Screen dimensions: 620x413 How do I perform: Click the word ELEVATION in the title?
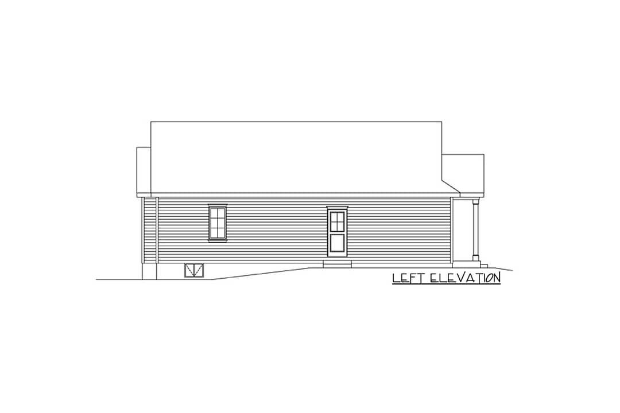click(x=465, y=278)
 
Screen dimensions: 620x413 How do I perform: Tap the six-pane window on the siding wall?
click(x=218, y=223)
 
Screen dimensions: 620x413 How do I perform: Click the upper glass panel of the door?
click(x=338, y=221)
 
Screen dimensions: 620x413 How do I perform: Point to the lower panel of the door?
click(x=338, y=242)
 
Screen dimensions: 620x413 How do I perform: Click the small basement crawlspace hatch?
click(x=194, y=270)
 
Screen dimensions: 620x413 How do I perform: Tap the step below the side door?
click(x=338, y=264)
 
